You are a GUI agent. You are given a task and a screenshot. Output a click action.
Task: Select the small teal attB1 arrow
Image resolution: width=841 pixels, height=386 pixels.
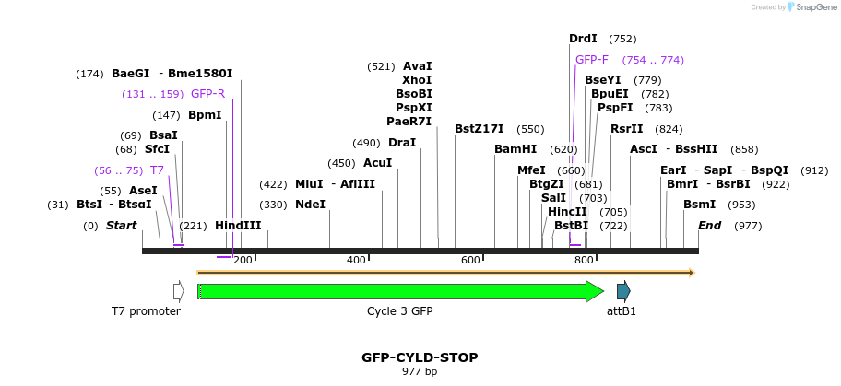pos(623,291)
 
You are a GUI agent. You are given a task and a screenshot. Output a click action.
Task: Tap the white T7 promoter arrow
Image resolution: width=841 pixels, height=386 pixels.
pos(178,291)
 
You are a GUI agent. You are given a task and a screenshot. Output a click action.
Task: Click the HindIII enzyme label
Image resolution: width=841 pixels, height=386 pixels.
pos(238,226)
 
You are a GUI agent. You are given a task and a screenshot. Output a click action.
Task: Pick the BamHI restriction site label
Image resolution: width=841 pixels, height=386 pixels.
pos(515,148)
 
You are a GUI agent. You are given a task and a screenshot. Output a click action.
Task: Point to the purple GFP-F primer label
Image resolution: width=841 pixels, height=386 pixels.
pos(592,60)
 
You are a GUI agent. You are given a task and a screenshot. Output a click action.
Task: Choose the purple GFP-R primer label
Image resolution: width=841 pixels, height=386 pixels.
pos(207,94)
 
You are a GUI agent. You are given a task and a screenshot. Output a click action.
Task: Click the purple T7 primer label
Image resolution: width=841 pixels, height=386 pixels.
pos(157,170)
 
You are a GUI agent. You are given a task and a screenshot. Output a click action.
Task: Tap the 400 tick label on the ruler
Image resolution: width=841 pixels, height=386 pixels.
pos(356,261)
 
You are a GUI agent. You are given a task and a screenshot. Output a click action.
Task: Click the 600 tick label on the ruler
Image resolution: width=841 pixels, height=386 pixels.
pos(470,261)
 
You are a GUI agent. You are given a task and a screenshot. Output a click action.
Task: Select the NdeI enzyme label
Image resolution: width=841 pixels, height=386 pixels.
pos(310,205)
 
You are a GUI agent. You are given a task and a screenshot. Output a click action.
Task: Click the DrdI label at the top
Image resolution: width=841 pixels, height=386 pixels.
pos(583,39)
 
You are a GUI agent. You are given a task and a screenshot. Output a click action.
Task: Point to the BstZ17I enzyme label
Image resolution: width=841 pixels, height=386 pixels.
pos(480,129)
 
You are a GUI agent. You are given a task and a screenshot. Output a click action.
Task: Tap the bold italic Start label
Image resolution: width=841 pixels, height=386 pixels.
pos(121,226)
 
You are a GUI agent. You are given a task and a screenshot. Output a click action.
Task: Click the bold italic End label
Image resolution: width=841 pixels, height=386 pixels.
pos(709,226)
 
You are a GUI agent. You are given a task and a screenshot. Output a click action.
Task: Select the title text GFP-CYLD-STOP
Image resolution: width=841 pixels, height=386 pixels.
pos(420,357)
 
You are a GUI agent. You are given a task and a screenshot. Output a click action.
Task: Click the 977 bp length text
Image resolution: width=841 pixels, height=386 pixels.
pos(420,371)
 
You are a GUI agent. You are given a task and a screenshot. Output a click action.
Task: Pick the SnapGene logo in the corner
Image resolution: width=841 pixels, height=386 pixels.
pos(809,7)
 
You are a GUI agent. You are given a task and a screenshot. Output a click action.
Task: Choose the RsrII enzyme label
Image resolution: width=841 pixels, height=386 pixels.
pos(627,129)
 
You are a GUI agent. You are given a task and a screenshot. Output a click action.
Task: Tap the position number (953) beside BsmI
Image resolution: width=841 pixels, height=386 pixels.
pos(741,205)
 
